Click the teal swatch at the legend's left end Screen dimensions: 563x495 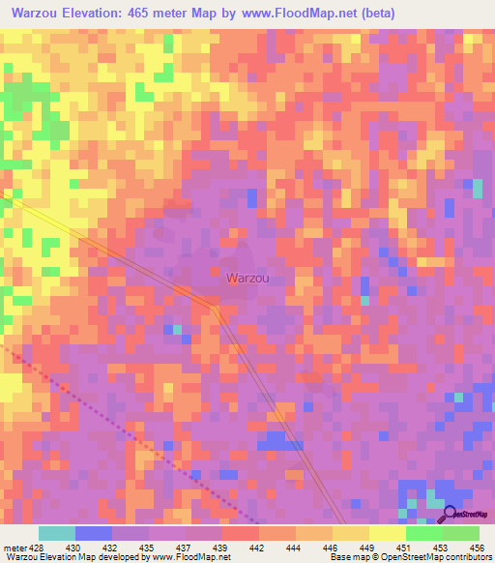[57, 534]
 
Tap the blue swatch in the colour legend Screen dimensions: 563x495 [94, 534]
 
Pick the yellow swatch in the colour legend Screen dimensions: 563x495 [388, 534]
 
